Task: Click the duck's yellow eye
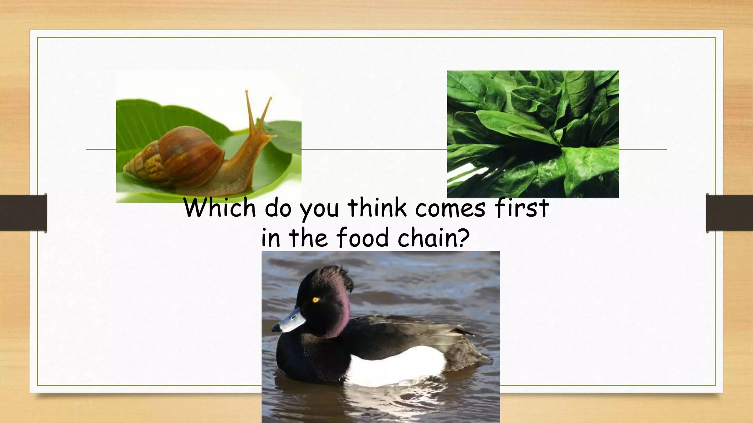click(315, 300)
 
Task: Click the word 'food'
click(363, 238)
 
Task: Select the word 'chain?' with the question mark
click(434, 238)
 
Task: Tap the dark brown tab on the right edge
click(729, 213)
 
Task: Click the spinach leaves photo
click(533, 134)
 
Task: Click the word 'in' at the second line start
click(271, 238)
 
